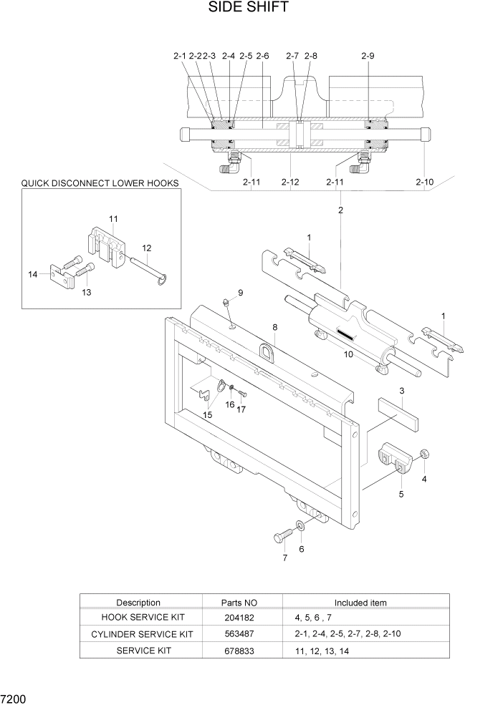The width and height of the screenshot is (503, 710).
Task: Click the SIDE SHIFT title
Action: (x=249, y=8)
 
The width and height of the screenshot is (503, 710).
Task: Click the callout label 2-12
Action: (x=289, y=183)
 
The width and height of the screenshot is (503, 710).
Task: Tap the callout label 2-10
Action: (x=424, y=183)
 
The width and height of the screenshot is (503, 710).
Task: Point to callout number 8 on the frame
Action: (x=274, y=326)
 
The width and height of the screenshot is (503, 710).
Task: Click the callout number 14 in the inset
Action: (x=33, y=274)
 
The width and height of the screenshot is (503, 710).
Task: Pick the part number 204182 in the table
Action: (x=239, y=617)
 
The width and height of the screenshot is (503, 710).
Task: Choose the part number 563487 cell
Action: (x=239, y=634)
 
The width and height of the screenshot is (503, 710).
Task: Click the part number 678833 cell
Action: (x=239, y=651)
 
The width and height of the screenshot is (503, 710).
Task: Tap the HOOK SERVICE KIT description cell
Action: (x=138, y=617)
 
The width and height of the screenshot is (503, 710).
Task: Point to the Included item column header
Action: (x=360, y=603)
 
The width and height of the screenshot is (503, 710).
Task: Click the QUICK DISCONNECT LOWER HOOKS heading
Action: (x=100, y=183)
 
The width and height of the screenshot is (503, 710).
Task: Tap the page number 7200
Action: (x=14, y=697)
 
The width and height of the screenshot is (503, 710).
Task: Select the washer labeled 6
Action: (x=299, y=527)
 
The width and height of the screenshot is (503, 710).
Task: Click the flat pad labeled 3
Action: (x=400, y=414)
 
